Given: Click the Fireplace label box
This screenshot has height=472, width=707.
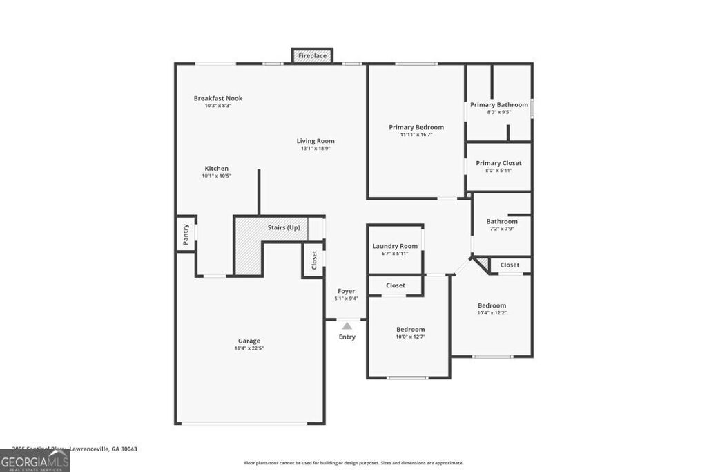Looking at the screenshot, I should pyautogui.click(x=313, y=56).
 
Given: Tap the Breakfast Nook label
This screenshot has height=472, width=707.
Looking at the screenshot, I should pyautogui.click(x=218, y=98).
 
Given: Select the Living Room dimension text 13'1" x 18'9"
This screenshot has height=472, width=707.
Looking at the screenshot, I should pyautogui.click(x=316, y=149).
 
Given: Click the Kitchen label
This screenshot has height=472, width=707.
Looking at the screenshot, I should pyautogui.click(x=216, y=169).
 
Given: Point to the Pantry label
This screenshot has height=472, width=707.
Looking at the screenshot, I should pyautogui.click(x=186, y=234).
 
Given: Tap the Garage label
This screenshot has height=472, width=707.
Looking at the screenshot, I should pyautogui.click(x=249, y=341).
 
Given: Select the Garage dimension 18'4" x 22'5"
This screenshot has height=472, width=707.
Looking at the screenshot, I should pyautogui.click(x=249, y=348).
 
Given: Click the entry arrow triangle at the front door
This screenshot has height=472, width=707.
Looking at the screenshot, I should pyautogui.click(x=347, y=325).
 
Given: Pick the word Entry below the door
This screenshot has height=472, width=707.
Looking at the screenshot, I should pyautogui.click(x=347, y=337).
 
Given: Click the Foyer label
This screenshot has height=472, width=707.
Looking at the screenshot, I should pyautogui.click(x=346, y=291).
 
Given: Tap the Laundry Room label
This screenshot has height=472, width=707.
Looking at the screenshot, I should pyautogui.click(x=395, y=246).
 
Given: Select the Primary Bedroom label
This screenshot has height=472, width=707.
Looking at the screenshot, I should pyautogui.click(x=416, y=127).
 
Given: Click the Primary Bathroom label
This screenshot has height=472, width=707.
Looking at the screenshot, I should pyautogui.click(x=499, y=105).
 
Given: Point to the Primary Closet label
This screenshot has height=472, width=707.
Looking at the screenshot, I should pyautogui.click(x=498, y=163).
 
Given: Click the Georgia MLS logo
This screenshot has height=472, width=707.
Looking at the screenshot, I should pyautogui.click(x=35, y=461).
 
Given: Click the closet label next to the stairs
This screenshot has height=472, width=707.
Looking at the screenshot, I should pyautogui.click(x=314, y=260).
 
